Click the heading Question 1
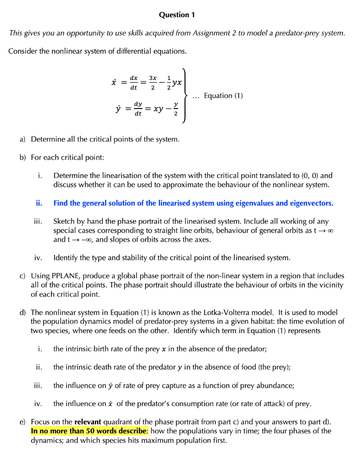click(177, 15)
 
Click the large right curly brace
click(186, 95)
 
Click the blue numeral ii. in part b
click(39, 203)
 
